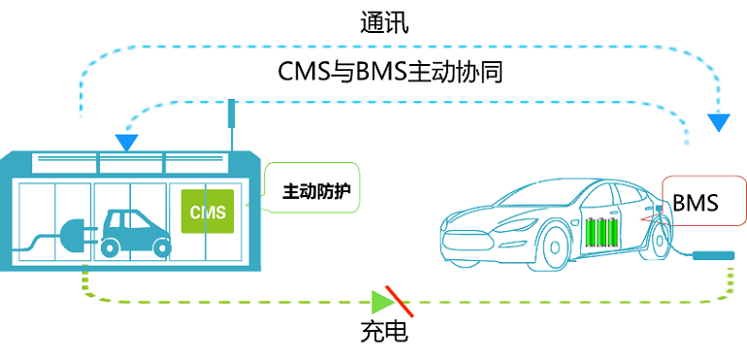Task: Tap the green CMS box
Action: [207, 213]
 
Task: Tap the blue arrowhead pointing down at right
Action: [719, 122]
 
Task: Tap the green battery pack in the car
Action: [601, 233]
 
